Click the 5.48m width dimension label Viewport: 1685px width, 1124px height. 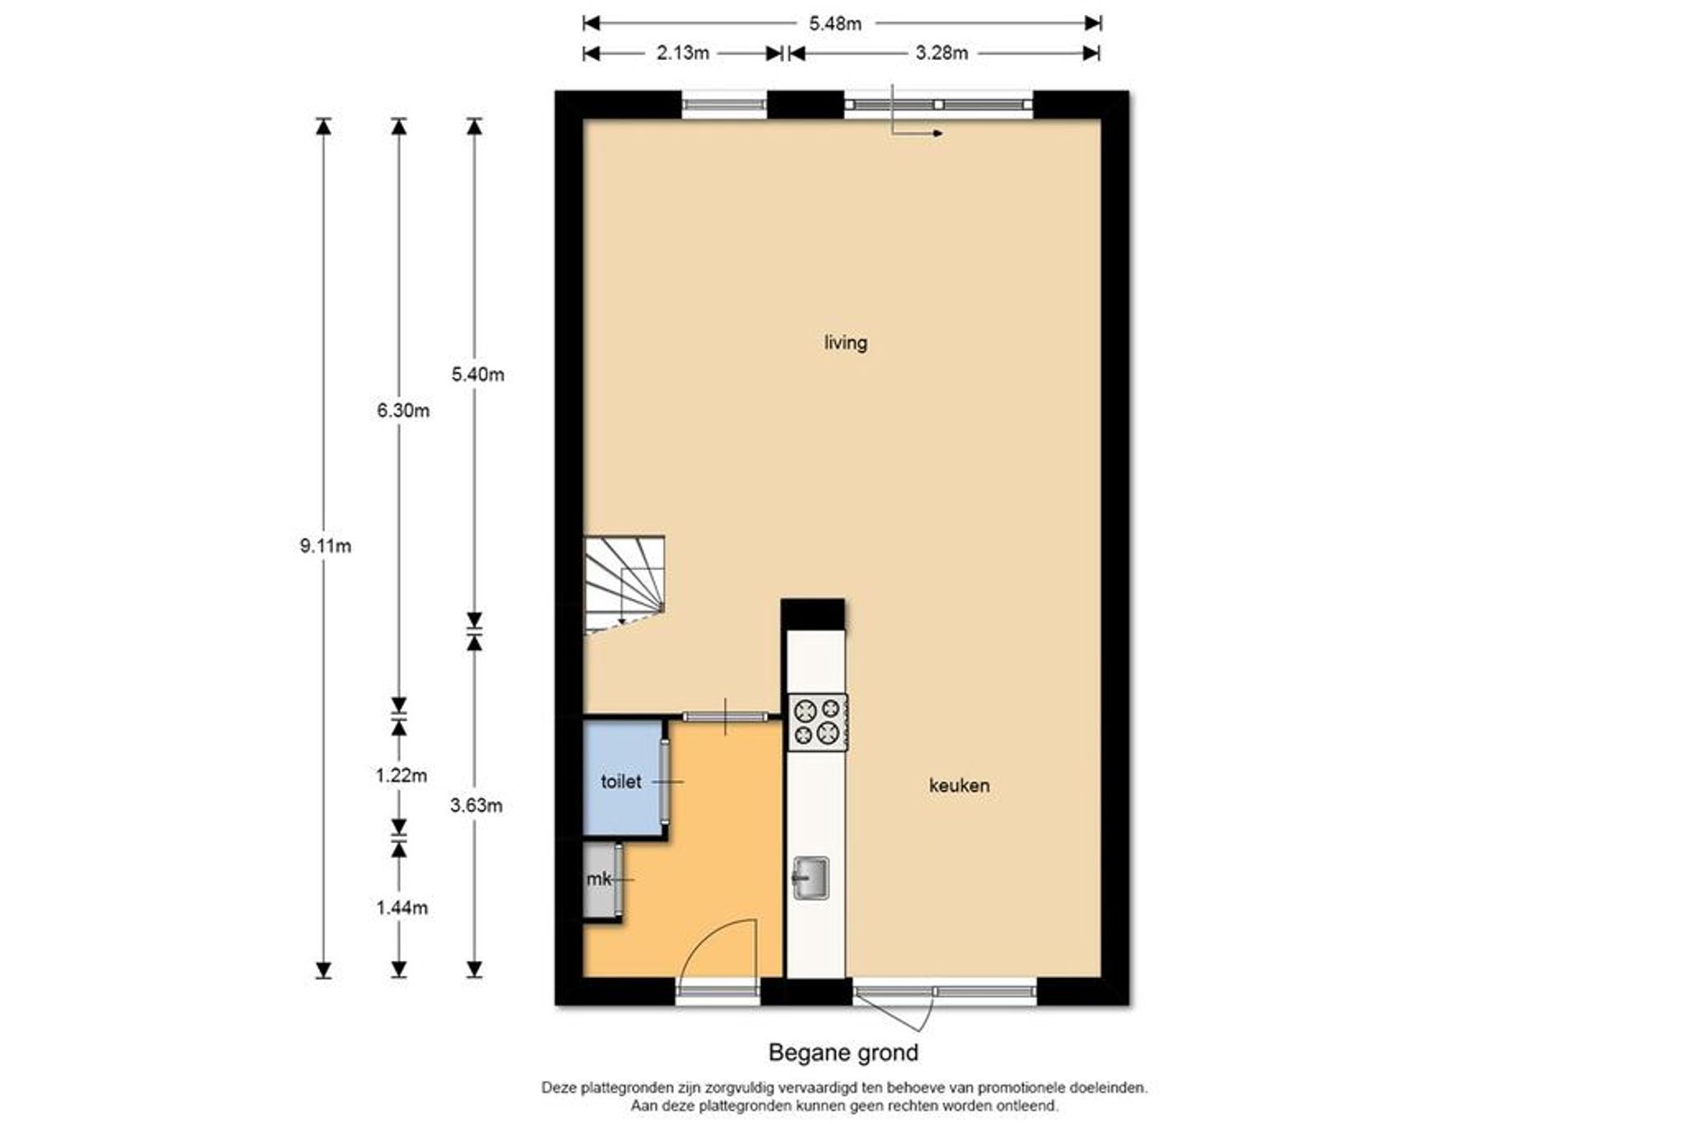[x=835, y=24]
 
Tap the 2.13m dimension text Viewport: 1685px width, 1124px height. [x=683, y=53]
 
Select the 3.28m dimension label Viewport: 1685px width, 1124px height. [x=942, y=53]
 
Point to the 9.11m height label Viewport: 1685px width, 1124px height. [x=325, y=546]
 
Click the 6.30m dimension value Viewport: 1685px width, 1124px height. [x=403, y=410]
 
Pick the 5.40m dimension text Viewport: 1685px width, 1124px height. [x=478, y=374]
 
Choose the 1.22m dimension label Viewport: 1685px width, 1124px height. [x=402, y=775]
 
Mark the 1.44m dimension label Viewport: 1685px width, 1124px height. [x=402, y=908]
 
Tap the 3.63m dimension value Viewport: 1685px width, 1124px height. [x=477, y=806]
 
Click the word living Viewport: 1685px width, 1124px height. [x=846, y=343]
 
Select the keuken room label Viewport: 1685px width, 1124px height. [x=960, y=785]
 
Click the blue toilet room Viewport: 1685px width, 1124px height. [x=623, y=778]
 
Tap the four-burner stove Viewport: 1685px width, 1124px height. [x=818, y=722]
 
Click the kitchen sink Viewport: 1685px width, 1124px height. [x=811, y=878]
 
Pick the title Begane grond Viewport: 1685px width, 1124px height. [x=843, y=1053]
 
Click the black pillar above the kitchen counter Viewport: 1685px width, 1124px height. [x=813, y=615]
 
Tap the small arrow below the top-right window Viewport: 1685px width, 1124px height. [x=917, y=133]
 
